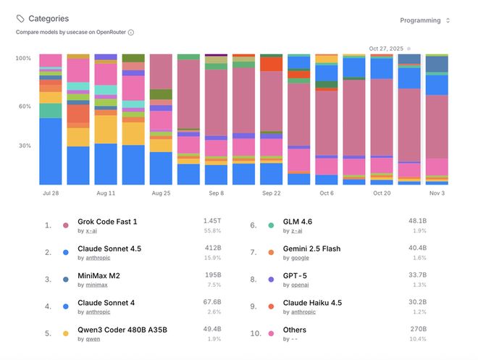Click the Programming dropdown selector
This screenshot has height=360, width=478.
click(424, 20)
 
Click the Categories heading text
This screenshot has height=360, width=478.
click(49, 19)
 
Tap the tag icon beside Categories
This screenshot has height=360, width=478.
click(20, 19)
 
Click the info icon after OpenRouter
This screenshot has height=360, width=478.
click(130, 33)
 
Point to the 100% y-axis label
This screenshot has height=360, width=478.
click(23, 58)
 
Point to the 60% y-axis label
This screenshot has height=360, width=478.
click(24, 106)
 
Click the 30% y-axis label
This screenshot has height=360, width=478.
click(24, 146)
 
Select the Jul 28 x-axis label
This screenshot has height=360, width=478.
click(50, 193)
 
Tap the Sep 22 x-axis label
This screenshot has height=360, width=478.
click(272, 193)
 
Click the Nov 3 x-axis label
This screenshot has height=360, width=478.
click(437, 193)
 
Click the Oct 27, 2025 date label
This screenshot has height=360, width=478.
click(386, 49)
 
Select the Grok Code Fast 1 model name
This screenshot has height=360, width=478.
click(107, 222)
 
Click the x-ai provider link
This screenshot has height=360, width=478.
click(91, 230)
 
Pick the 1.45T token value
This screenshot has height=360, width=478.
click(212, 220)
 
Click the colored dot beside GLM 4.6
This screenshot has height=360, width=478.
click(271, 225)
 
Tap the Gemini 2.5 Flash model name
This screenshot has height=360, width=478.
click(311, 249)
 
